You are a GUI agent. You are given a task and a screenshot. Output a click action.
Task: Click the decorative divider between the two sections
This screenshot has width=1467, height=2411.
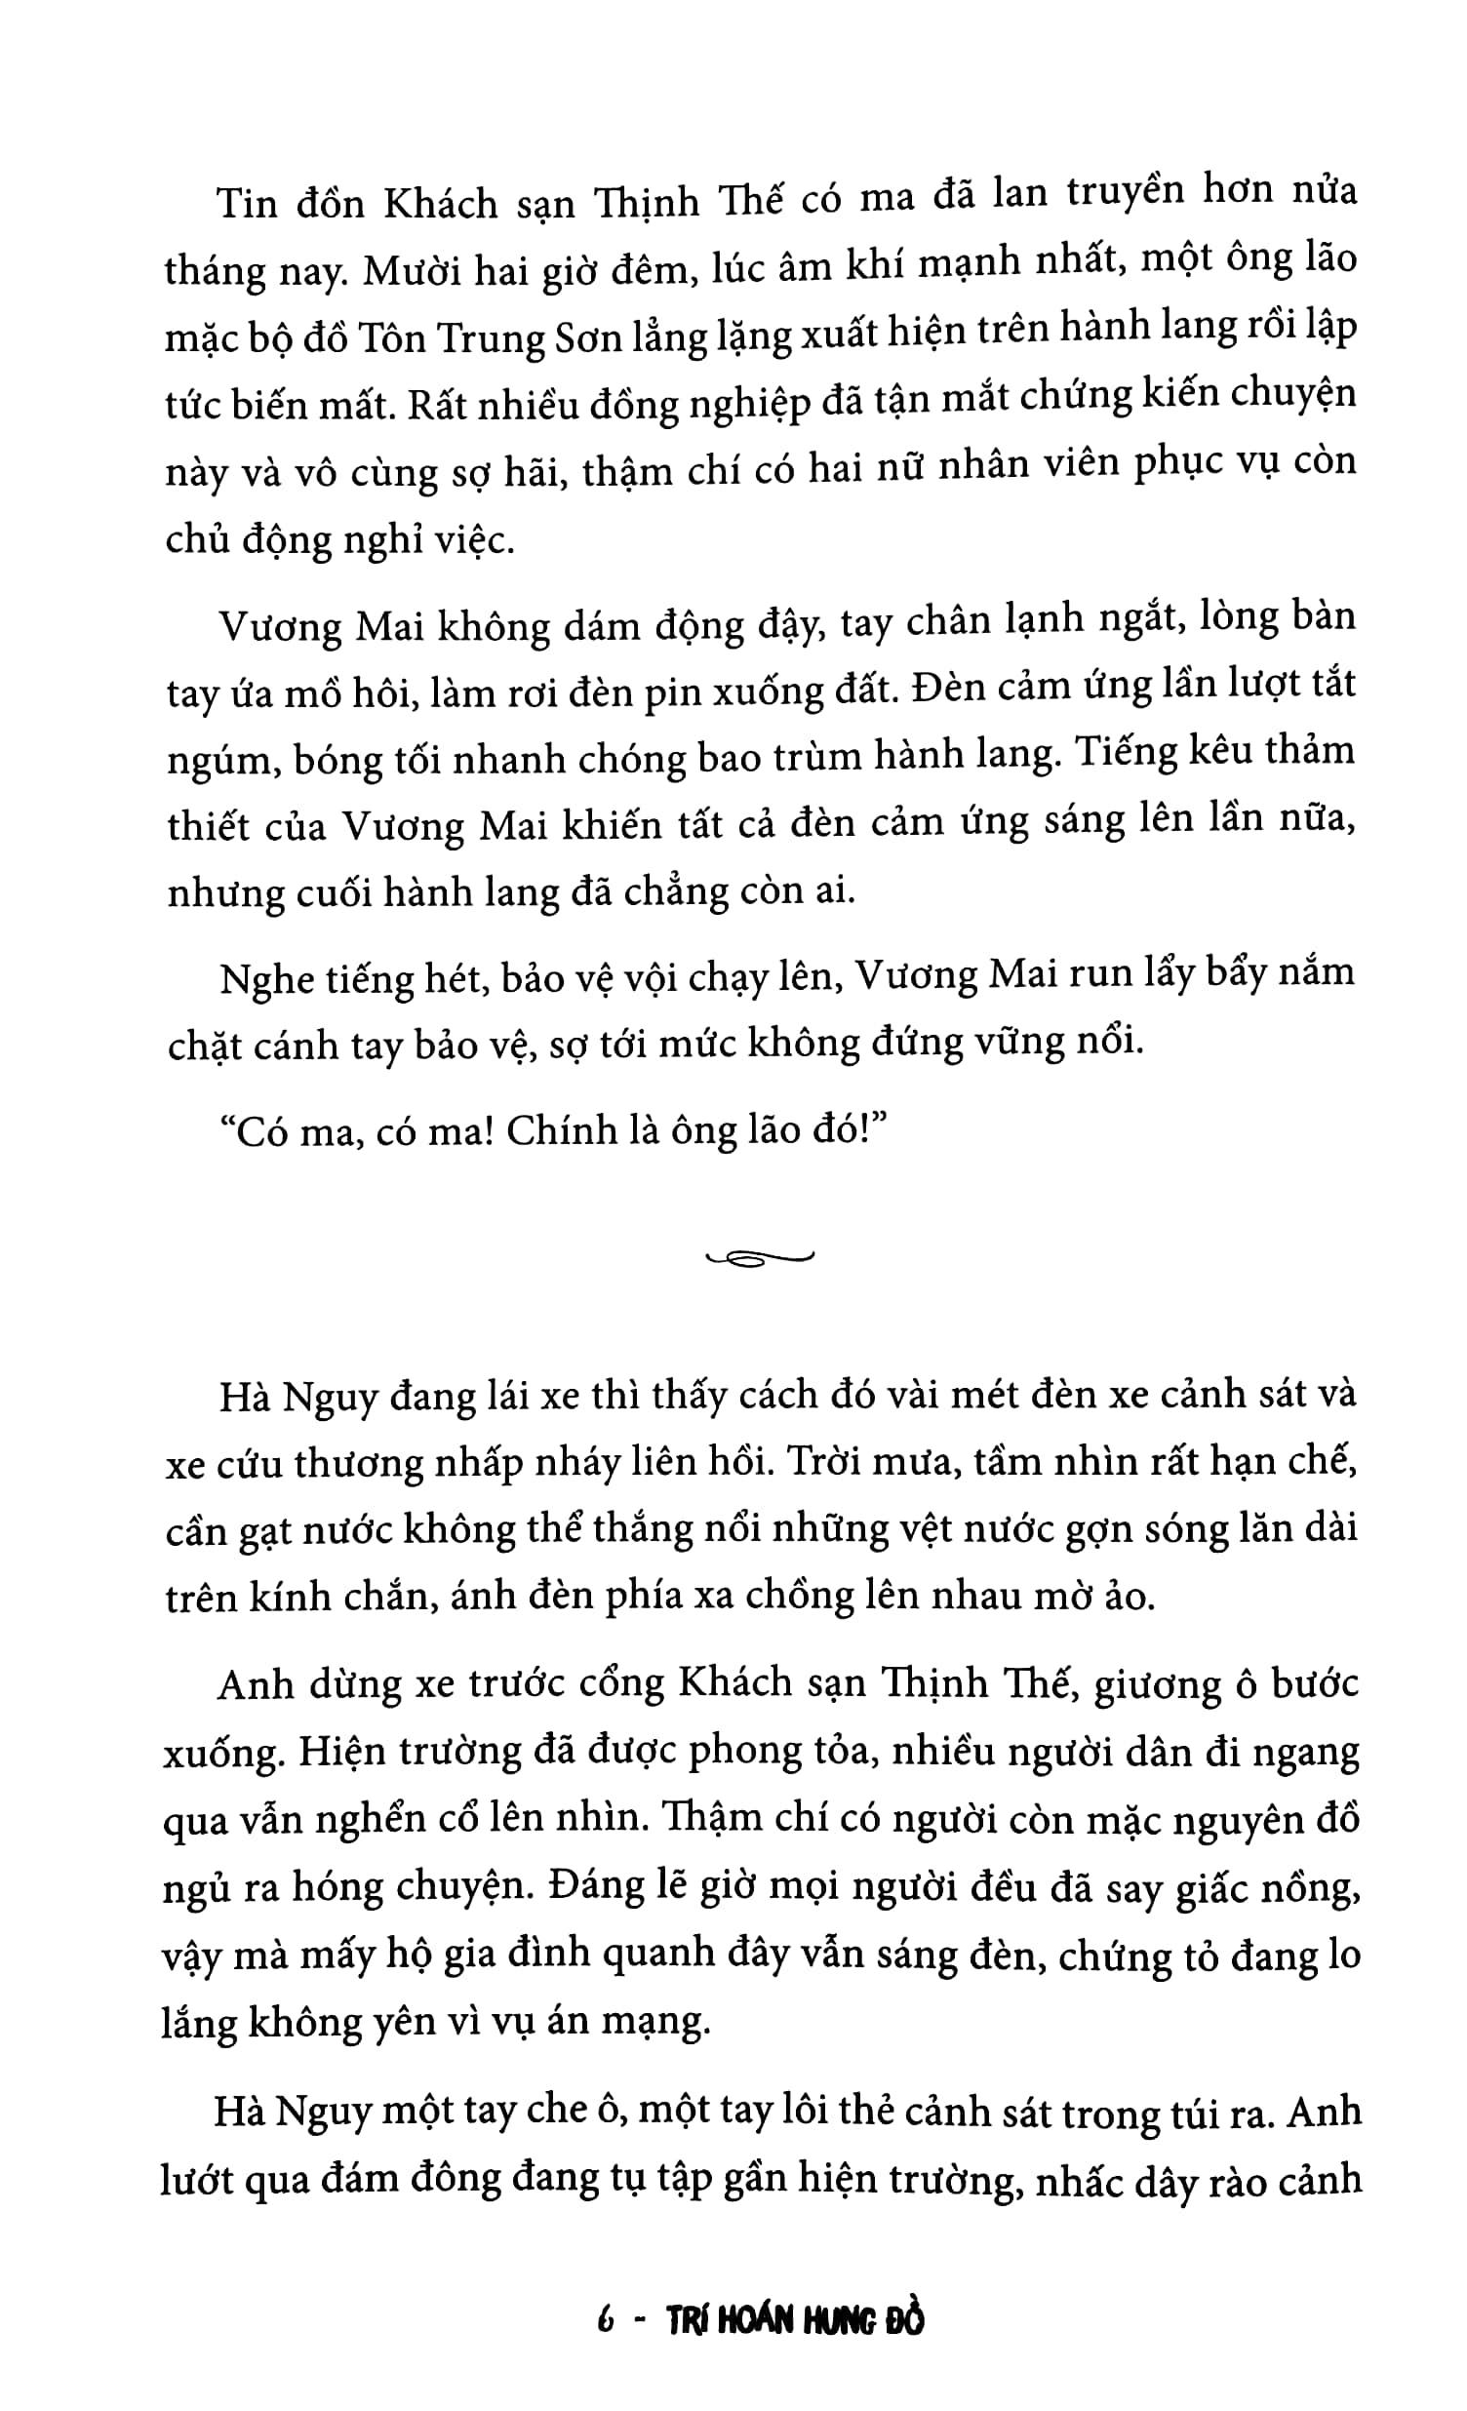click(x=759, y=1258)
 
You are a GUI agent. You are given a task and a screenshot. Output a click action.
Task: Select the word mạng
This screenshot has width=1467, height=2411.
click(x=661, y=2022)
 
